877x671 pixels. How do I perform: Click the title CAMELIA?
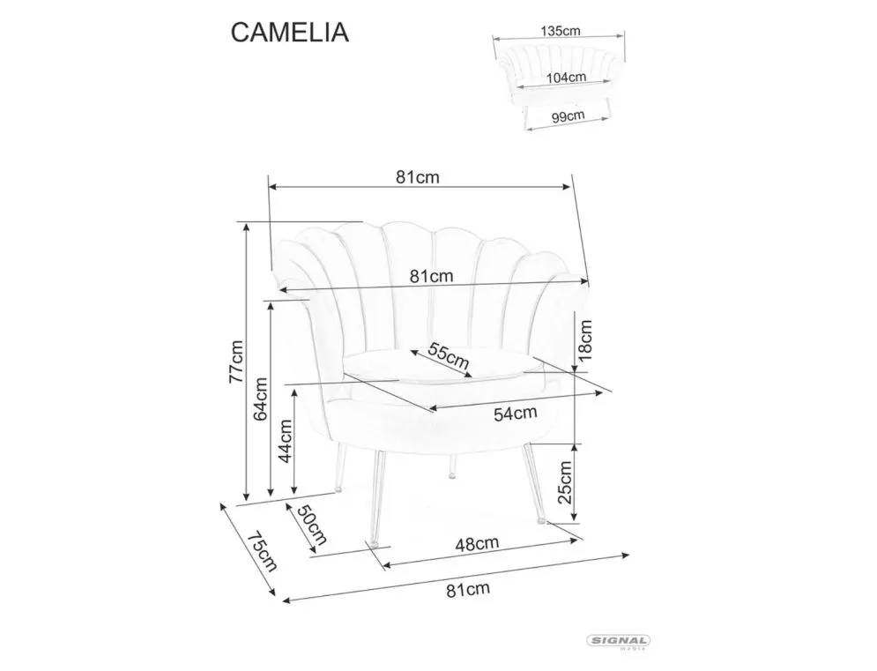click(290, 32)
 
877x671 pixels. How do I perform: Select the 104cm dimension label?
click(567, 77)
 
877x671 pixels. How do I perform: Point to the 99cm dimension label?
click(567, 116)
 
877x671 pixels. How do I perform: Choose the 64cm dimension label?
click(260, 399)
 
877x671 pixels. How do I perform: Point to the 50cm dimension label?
click(312, 525)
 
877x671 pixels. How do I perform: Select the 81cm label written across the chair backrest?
click(432, 276)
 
